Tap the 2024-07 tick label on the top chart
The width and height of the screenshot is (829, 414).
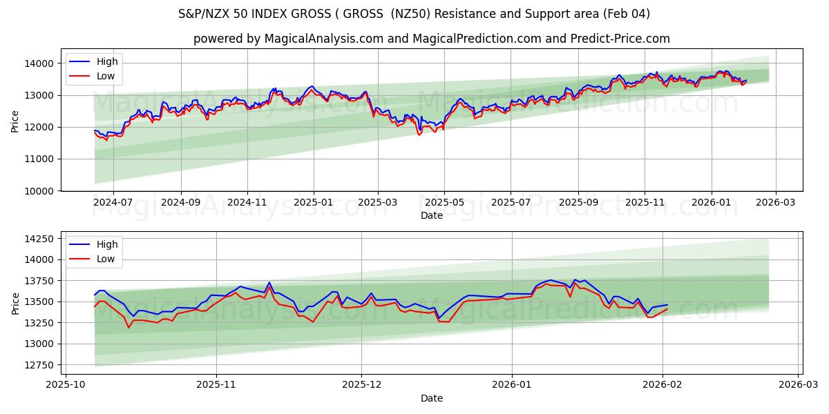[113, 203]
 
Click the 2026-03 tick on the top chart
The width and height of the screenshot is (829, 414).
[775, 203]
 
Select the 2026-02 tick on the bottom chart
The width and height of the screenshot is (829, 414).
[663, 385]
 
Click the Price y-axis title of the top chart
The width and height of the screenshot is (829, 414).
[15, 120]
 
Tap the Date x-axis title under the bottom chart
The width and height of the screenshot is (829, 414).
[432, 398]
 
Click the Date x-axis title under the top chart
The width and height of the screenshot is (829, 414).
[432, 215]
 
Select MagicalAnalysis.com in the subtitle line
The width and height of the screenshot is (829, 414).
[324, 39]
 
